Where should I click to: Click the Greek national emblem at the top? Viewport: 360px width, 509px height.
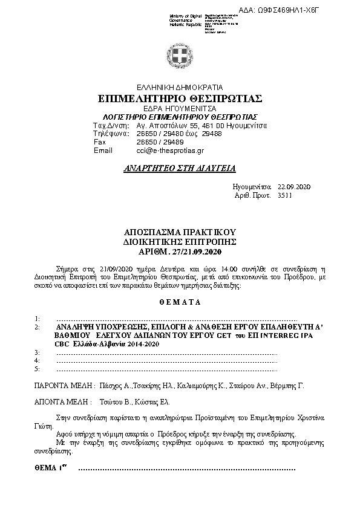[180, 58]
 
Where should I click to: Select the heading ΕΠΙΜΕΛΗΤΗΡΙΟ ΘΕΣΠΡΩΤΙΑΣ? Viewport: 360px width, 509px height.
[180, 98]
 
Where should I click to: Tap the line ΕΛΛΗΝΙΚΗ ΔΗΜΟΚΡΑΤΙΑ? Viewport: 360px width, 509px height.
[180, 87]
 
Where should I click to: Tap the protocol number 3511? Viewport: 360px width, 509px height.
[284, 196]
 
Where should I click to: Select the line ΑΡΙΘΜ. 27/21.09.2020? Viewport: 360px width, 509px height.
[180, 250]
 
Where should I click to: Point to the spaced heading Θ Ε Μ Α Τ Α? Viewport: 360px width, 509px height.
[180, 301]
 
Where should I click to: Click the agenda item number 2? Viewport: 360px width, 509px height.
[38, 326]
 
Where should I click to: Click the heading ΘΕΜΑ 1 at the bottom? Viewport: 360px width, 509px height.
[50, 468]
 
